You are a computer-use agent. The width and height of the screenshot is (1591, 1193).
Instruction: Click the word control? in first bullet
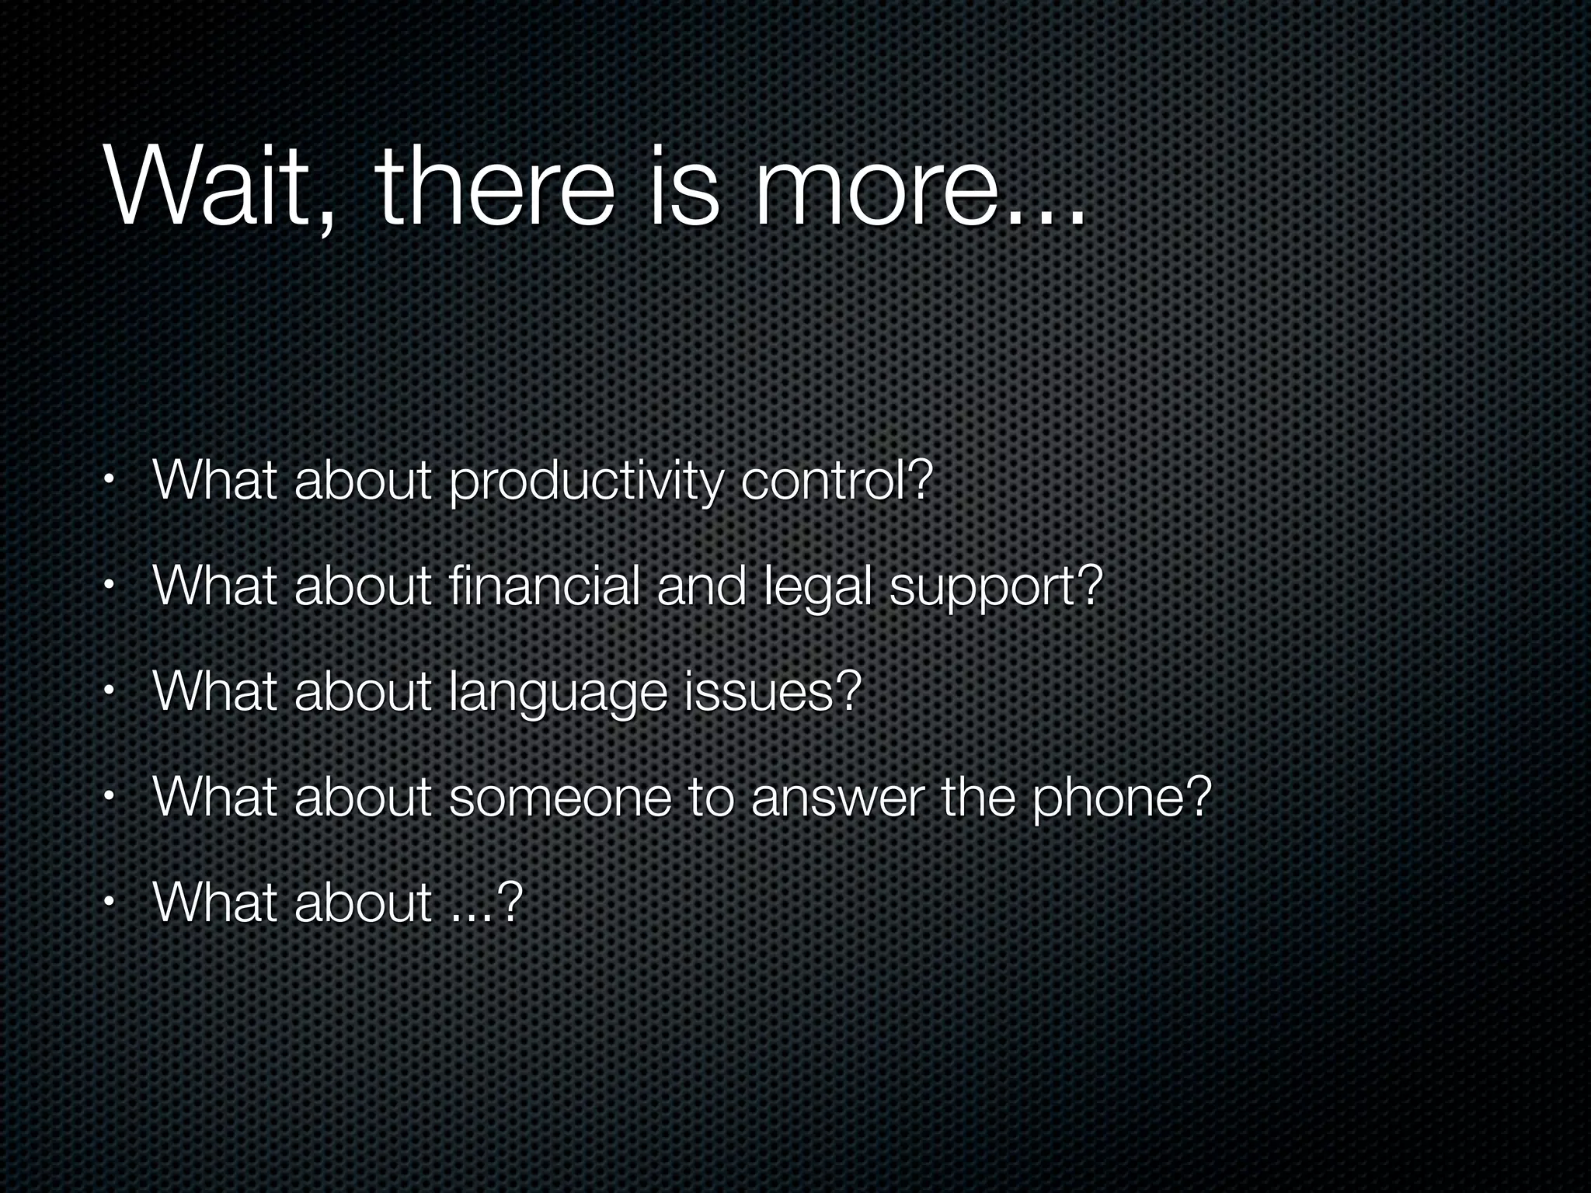[x=836, y=481]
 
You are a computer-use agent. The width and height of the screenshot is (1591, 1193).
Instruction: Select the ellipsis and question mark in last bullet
[x=485, y=903]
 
